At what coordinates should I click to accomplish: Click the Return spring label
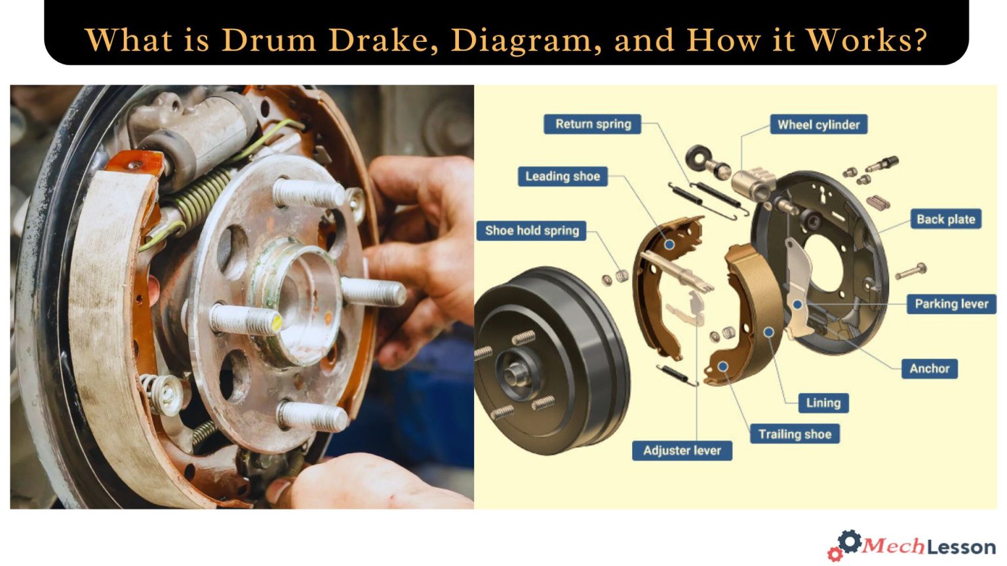click(x=593, y=124)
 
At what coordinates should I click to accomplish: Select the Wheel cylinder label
click(x=818, y=124)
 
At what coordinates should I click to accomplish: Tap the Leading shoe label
click(x=562, y=176)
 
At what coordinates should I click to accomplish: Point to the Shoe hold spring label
click(x=532, y=231)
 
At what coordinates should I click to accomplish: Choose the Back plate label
click(x=945, y=219)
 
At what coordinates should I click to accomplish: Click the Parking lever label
click(x=951, y=304)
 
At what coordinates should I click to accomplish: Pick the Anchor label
click(x=929, y=369)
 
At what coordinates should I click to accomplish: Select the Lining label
click(x=823, y=403)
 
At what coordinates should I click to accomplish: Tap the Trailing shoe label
click(x=795, y=434)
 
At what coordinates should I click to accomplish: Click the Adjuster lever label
click(x=682, y=451)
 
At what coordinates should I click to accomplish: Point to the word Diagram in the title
click(x=526, y=41)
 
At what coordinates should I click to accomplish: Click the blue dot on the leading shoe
click(x=669, y=244)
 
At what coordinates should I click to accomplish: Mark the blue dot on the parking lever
click(x=797, y=305)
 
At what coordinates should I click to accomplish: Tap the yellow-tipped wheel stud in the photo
click(x=247, y=320)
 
